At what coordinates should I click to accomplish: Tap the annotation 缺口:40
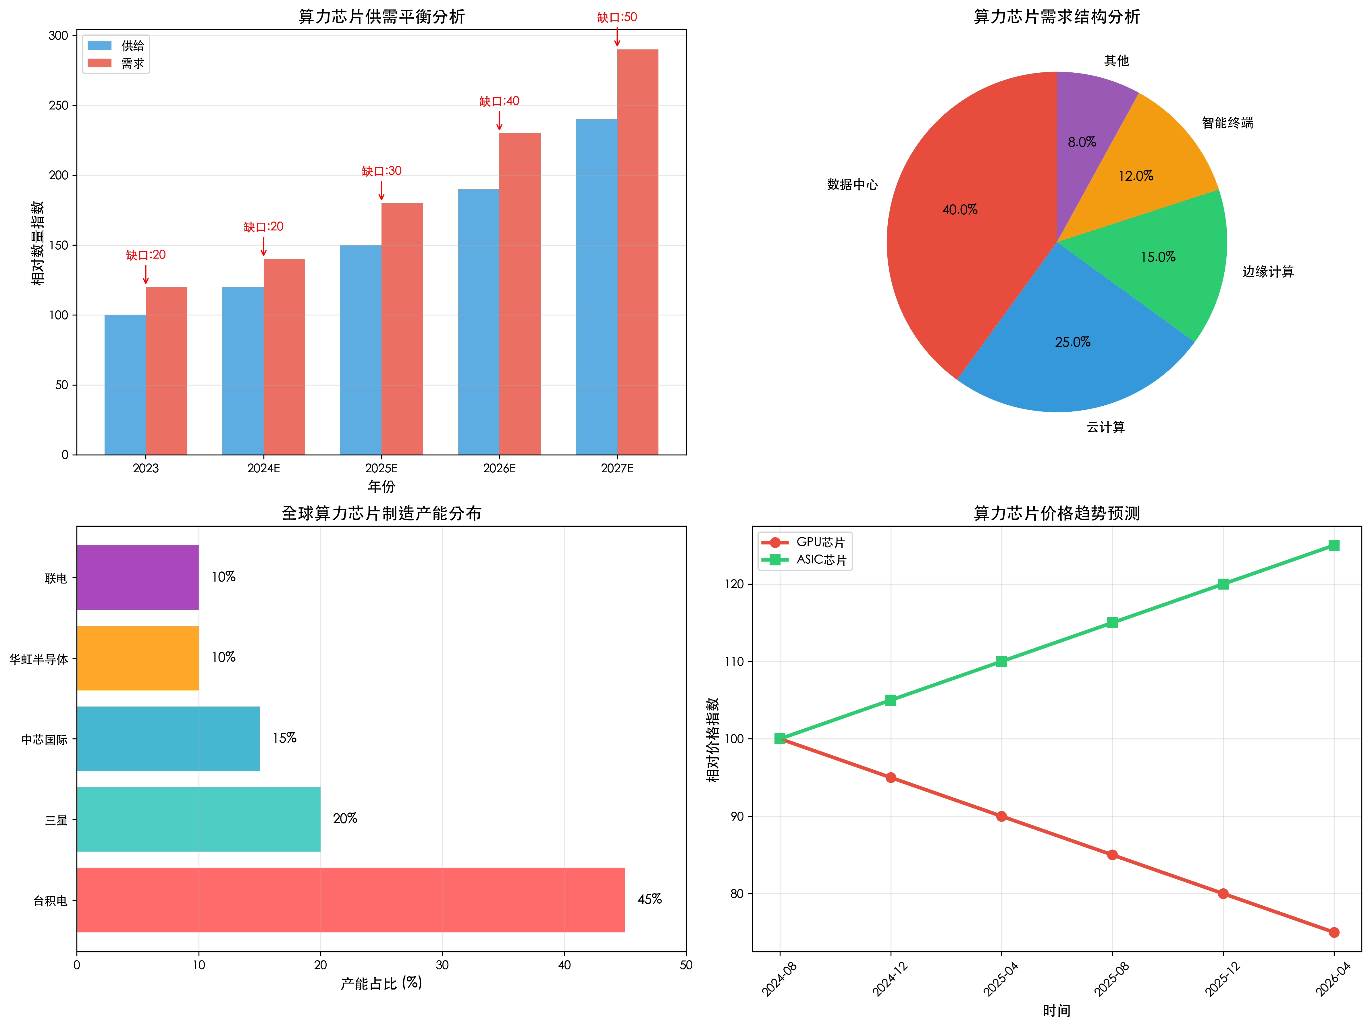(x=499, y=101)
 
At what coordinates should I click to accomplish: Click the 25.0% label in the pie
(x=1073, y=342)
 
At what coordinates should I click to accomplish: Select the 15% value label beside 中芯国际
(x=284, y=738)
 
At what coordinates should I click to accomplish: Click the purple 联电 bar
(x=138, y=578)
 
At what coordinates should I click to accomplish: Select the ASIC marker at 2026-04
(x=1334, y=545)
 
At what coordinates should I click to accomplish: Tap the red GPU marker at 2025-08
(x=1112, y=855)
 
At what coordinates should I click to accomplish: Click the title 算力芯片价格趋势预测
(x=1057, y=513)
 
